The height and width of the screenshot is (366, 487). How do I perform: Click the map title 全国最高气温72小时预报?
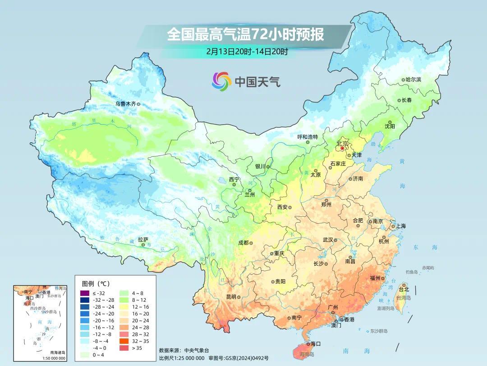pyautogui.click(x=246, y=35)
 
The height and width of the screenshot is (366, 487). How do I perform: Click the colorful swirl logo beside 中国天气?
pyautogui.click(x=221, y=81)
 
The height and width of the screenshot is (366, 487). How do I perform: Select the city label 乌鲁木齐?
pyautogui.click(x=125, y=103)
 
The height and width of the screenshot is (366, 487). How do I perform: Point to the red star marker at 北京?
pyautogui.click(x=342, y=148)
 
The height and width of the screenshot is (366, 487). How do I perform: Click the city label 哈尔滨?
pyautogui.click(x=413, y=80)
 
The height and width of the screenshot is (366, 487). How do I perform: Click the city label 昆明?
pyautogui.click(x=231, y=297)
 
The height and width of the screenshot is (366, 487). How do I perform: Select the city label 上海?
pyautogui.click(x=401, y=226)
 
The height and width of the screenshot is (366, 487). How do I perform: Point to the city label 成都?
pyautogui.click(x=243, y=243)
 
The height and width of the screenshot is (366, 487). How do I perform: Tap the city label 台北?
pyautogui.click(x=404, y=289)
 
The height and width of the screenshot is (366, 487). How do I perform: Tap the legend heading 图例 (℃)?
pyautogui.click(x=95, y=284)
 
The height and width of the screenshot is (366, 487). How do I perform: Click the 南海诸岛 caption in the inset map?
pyautogui.click(x=57, y=352)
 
